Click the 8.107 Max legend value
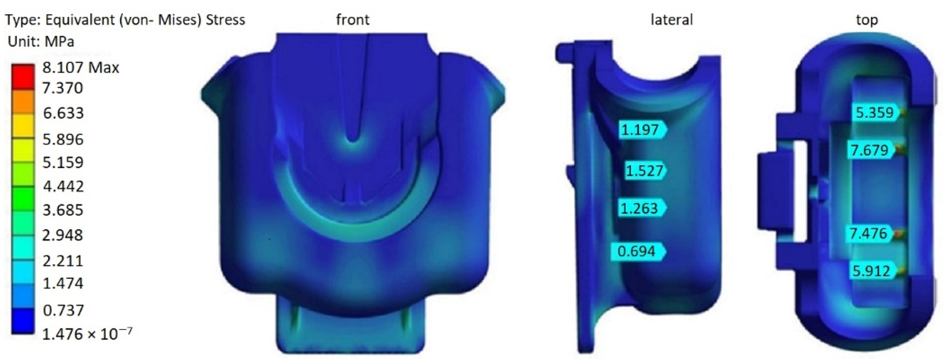click(x=81, y=68)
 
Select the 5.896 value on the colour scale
click(x=63, y=140)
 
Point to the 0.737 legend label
click(x=63, y=311)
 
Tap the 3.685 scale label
click(x=63, y=210)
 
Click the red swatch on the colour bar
click(x=23, y=77)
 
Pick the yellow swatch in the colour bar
click(x=23, y=126)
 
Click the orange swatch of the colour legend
click(x=23, y=102)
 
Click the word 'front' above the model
click(x=353, y=19)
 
